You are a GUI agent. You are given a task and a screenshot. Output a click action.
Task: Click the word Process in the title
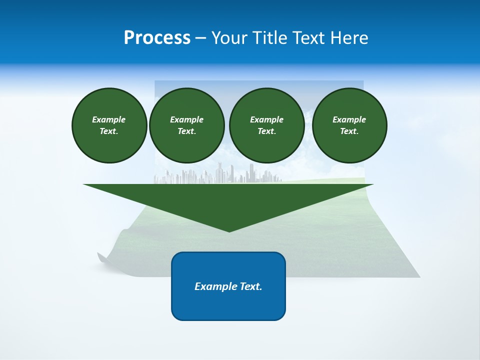[157, 37]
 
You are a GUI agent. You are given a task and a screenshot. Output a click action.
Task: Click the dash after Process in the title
[201, 38]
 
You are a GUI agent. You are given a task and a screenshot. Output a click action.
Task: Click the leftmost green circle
[109, 125]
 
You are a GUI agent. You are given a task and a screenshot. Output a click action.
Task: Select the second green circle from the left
[186, 125]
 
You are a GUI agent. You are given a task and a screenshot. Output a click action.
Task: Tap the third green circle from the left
[266, 125]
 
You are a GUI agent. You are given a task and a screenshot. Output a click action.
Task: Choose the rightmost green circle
[349, 125]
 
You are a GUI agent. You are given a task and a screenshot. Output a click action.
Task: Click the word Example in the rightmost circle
[349, 119]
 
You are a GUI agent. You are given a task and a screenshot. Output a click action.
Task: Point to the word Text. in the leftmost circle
[109, 131]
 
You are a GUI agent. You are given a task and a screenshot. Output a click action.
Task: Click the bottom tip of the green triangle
[229, 231]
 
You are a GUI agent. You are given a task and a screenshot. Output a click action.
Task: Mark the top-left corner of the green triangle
[84, 184]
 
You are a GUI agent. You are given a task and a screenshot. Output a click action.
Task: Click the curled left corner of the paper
[102, 258]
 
